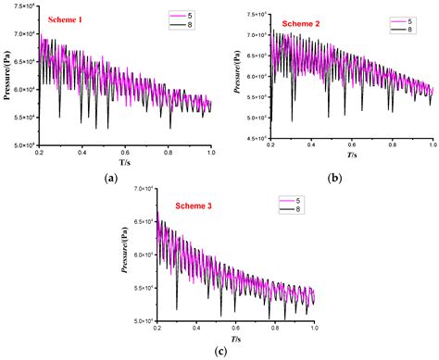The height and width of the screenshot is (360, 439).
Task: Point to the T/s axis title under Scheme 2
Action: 350,157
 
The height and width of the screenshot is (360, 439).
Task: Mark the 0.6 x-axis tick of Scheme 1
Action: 125,151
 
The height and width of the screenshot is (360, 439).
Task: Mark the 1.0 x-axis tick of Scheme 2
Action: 432,147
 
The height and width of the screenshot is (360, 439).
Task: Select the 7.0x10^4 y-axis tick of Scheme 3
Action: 144,189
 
